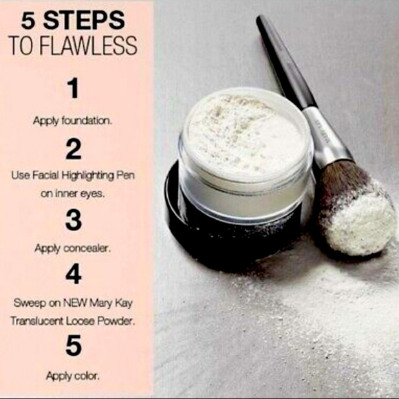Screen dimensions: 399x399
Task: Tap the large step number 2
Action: (73, 149)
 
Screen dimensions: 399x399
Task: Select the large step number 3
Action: (74, 221)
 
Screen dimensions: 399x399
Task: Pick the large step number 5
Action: (74, 345)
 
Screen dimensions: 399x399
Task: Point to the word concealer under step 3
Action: (87, 249)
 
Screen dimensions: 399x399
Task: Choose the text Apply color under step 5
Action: (73, 376)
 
